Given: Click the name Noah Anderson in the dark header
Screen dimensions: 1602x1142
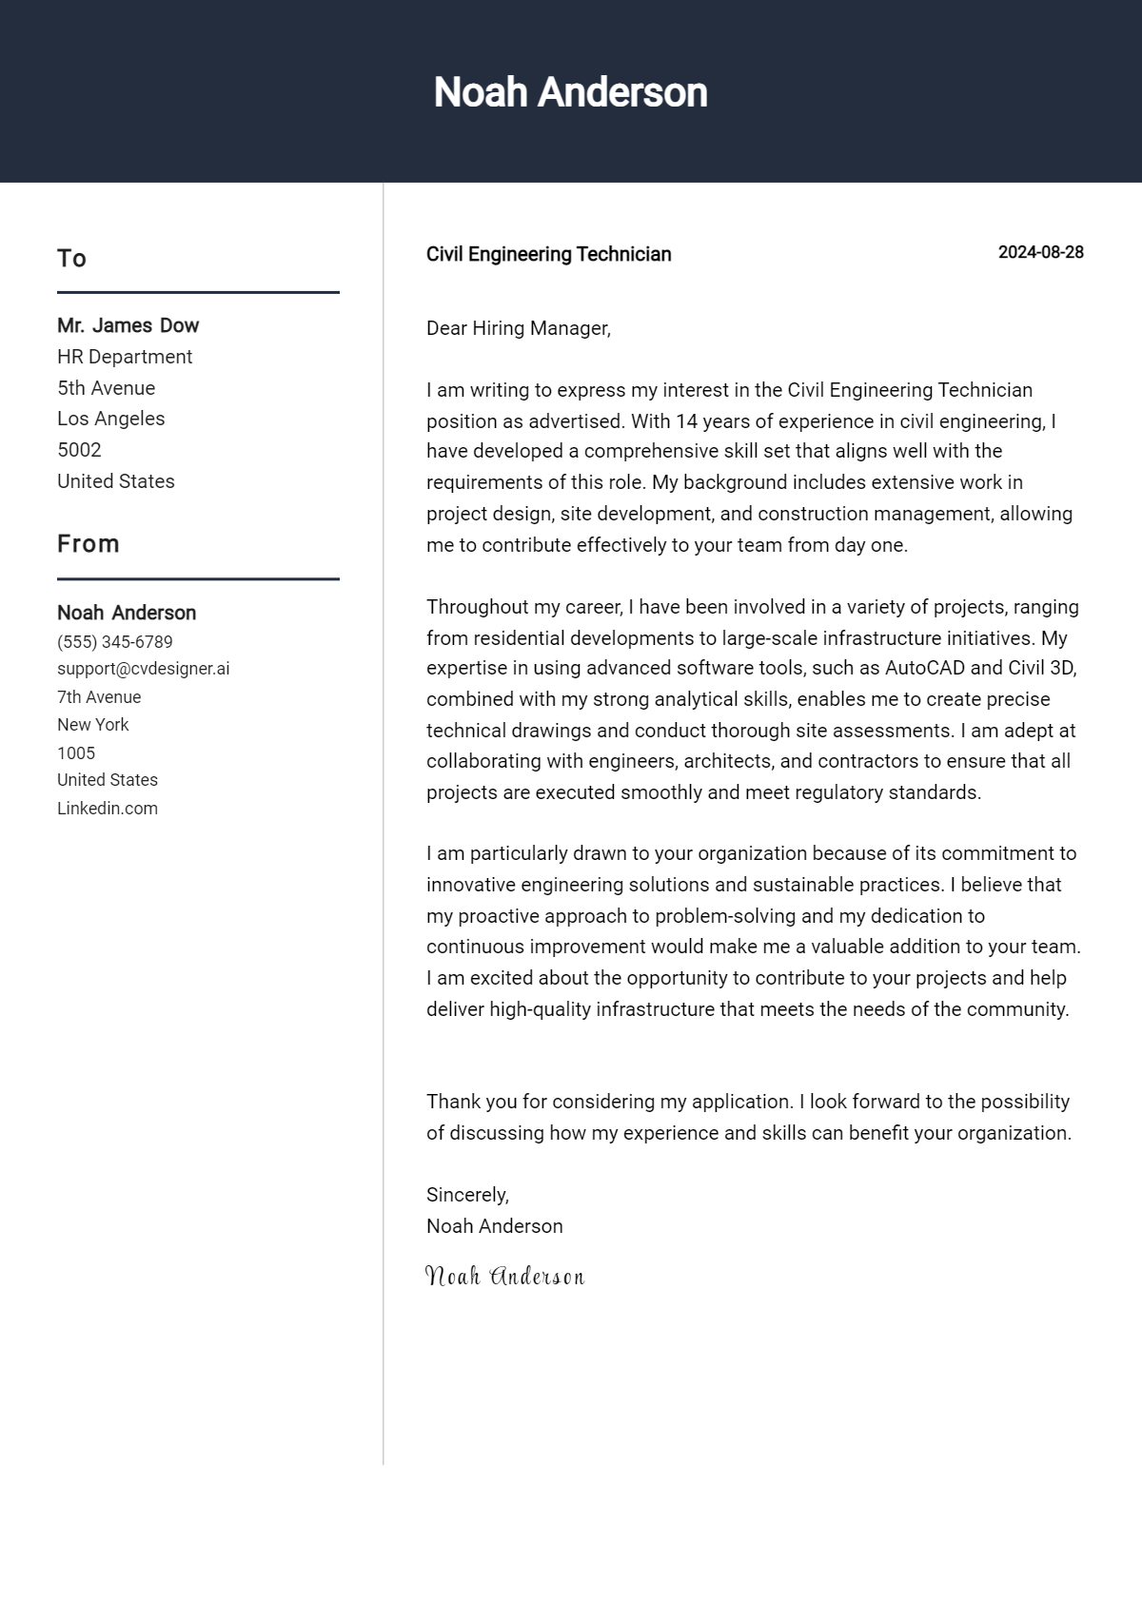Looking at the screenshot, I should click(x=570, y=92).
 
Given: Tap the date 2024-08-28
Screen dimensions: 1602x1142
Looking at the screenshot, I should click(x=1040, y=252).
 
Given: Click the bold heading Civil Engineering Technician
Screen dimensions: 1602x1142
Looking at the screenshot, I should click(x=548, y=254).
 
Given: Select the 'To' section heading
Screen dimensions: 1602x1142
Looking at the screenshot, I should click(x=71, y=259).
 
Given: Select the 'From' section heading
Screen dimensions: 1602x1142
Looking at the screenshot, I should click(x=89, y=544).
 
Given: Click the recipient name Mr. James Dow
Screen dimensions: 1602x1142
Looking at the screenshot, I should click(x=128, y=325).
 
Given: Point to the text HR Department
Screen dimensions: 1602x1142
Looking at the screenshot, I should click(x=125, y=357).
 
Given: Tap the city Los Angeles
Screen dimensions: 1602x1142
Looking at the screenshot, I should click(x=110, y=419).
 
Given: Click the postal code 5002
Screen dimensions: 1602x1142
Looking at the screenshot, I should click(x=79, y=450).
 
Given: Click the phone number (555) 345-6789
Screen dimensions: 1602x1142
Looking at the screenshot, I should click(x=114, y=642).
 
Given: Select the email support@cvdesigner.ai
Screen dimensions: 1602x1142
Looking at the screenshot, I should click(x=143, y=669).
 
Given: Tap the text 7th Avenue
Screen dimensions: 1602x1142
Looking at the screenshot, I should click(x=99, y=697).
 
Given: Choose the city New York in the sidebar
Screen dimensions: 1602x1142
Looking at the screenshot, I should click(x=92, y=725).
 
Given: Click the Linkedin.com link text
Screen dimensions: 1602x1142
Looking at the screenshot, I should click(x=108, y=809).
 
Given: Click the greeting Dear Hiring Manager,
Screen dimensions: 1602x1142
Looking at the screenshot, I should click(x=518, y=328).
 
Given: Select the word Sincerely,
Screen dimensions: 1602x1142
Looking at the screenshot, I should click(x=467, y=1195).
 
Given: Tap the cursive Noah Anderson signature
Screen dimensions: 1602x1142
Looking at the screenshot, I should click(x=504, y=1276).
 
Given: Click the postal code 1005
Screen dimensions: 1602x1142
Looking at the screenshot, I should click(x=76, y=753).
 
